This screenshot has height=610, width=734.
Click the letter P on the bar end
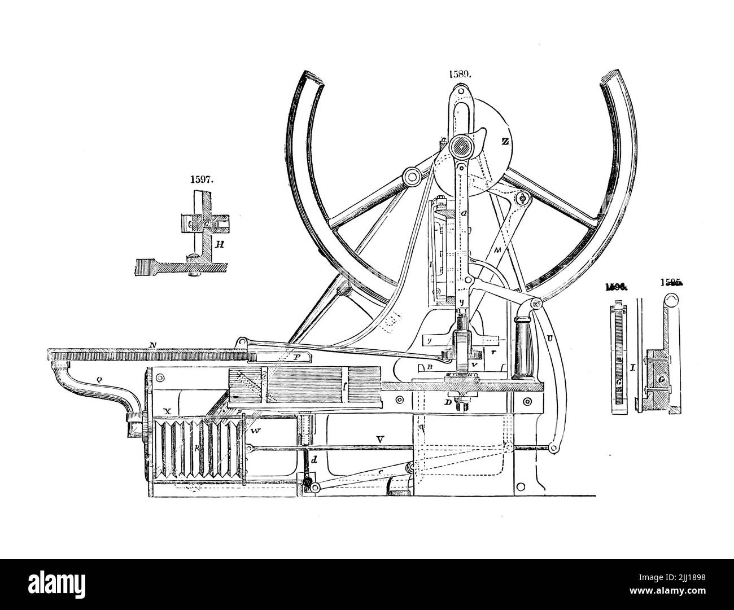coord(298,357)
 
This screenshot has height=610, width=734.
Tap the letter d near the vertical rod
coord(315,460)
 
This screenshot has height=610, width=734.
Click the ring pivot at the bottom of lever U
coord(550,448)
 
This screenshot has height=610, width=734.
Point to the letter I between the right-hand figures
coord(633,367)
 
